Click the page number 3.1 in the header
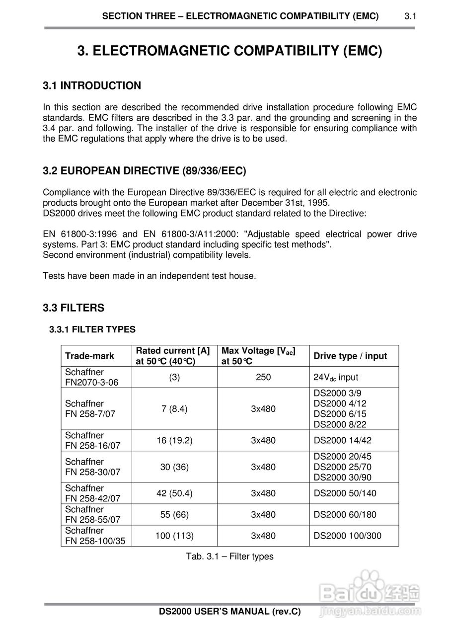[x=410, y=16]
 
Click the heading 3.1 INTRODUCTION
[x=92, y=85]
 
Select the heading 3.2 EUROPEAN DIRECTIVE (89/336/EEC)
[x=145, y=171]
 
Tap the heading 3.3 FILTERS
[x=74, y=308]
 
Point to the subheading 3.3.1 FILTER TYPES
[x=92, y=329]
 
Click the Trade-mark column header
[x=89, y=356]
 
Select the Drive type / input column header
[x=350, y=356]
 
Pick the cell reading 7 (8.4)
[x=174, y=409]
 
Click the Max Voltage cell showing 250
[x=263, y=377]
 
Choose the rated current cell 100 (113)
[x=174, y=536]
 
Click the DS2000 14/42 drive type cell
[x=342, y=440]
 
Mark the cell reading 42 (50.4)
[x=174, y=493]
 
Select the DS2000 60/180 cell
[x=345, y=515]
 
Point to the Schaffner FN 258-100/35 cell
[x=95, y=536]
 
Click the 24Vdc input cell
[x=336, y=378]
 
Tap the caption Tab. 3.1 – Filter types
[x=230, y=556]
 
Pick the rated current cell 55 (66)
[x=174, y=515]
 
